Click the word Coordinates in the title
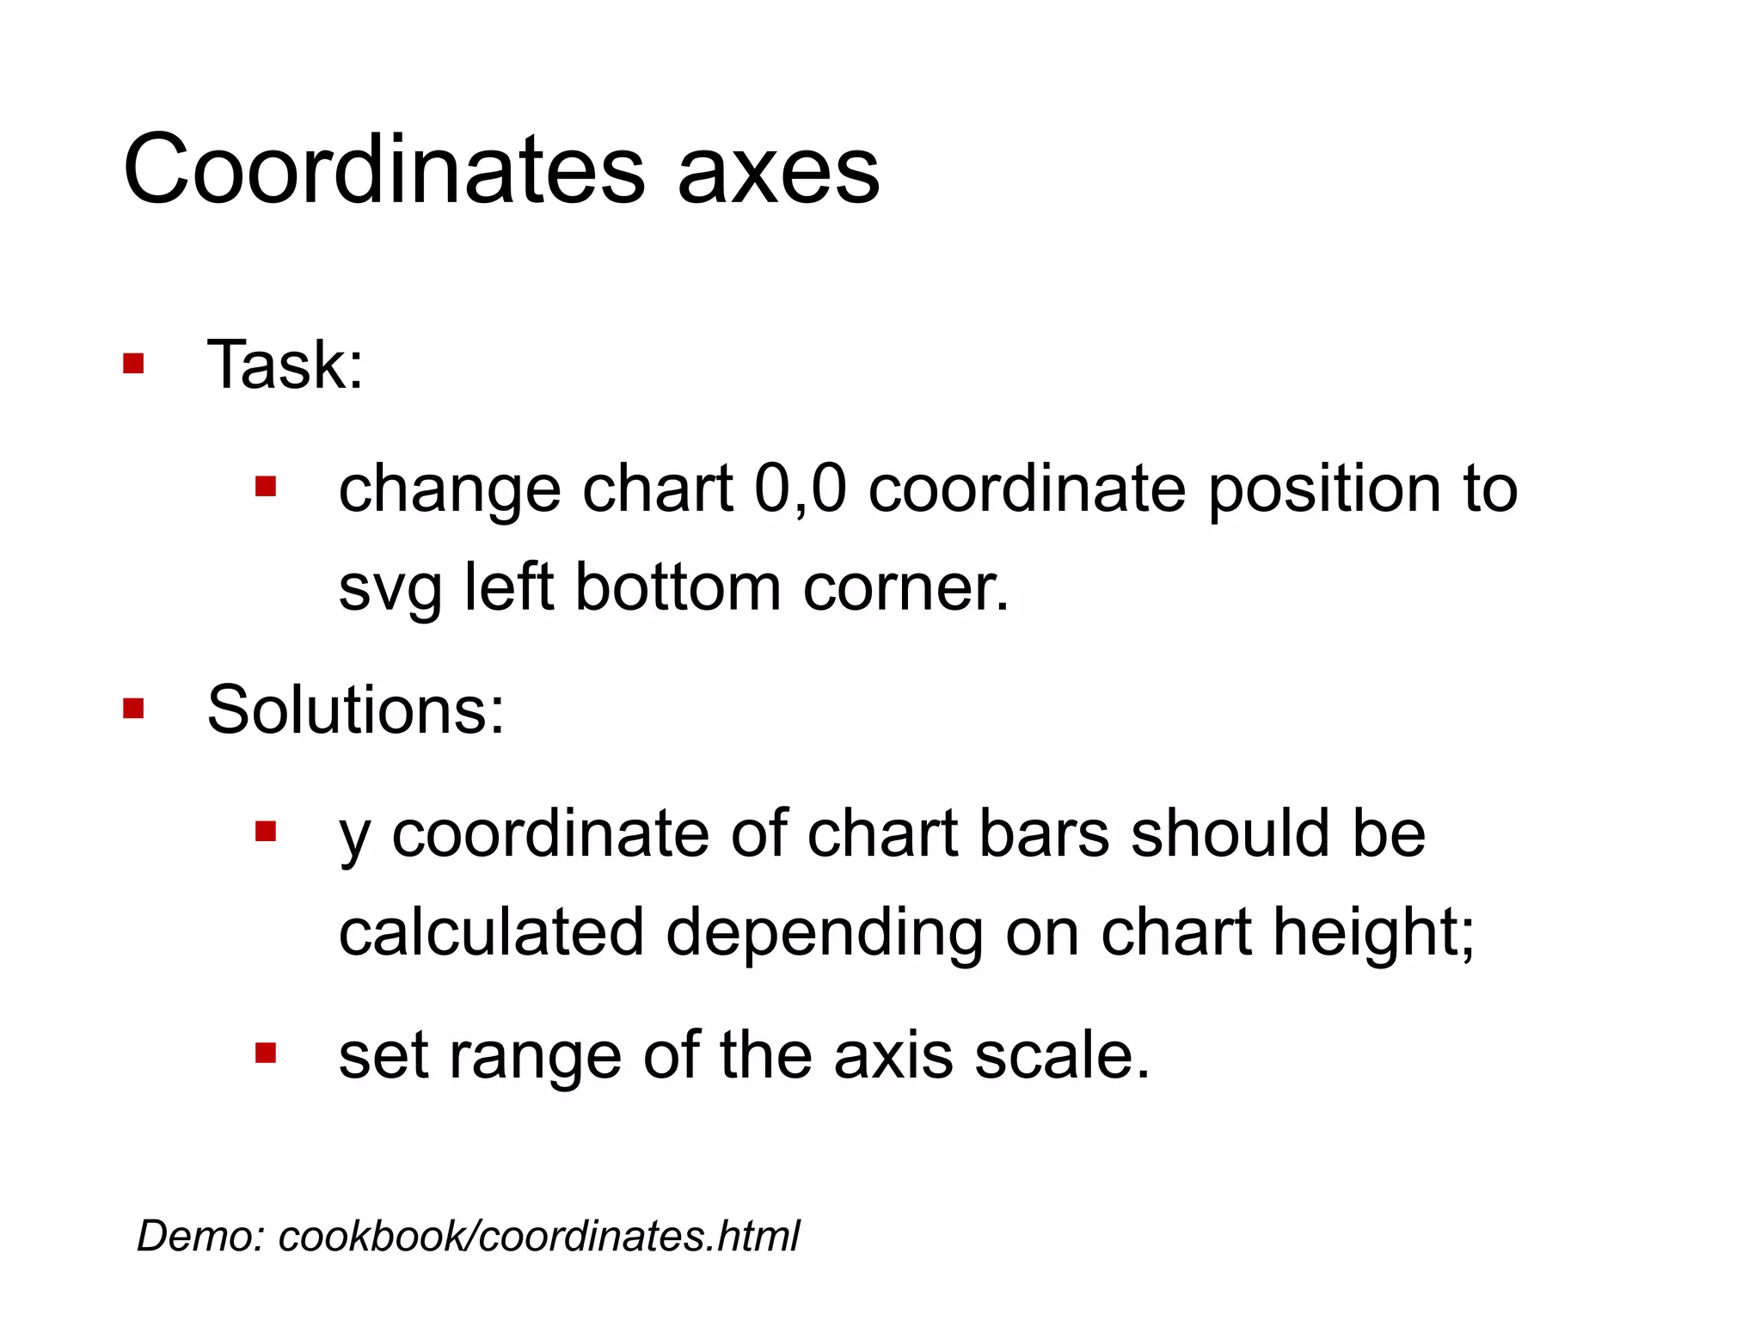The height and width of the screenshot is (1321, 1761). [x=383, y=169]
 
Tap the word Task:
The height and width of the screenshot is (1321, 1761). [x=285, y=365]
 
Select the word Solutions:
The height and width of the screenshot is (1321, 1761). [x=356, y=710]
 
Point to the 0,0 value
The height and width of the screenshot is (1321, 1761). [x=801, y=488]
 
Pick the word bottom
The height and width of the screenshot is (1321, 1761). [x=678, y=587]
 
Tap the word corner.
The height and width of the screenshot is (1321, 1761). [x=905, y=589]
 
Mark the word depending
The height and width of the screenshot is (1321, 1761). [x=825, y=933]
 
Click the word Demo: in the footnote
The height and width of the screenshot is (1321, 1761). [x=201, y=1236]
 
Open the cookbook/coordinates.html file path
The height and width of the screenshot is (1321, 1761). [x=539, y=1236]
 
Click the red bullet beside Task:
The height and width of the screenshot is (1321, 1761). [x=133, y=363]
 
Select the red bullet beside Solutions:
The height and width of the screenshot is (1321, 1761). [x=133, y=708]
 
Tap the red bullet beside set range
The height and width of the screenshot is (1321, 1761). [x=266, y=1053]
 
